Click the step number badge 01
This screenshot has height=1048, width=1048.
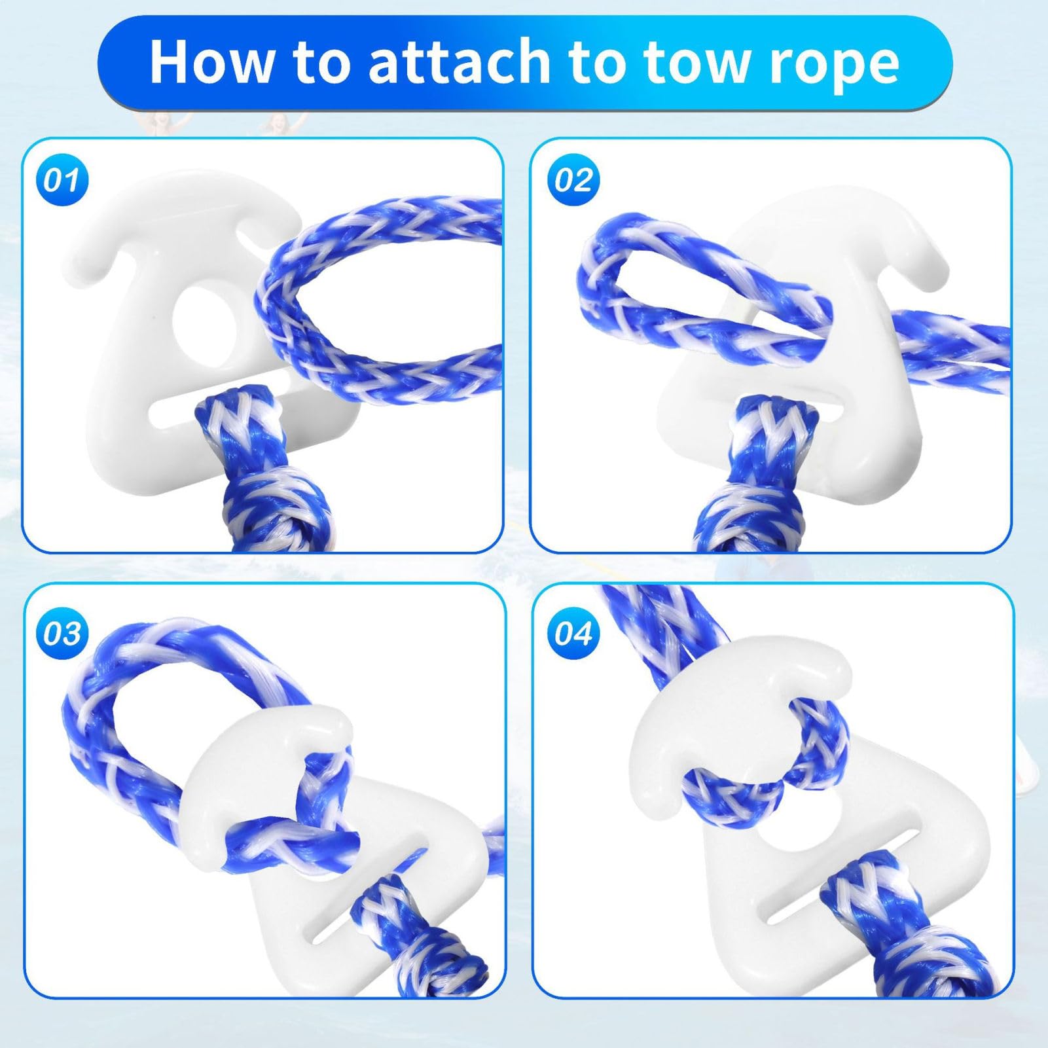point(62,180)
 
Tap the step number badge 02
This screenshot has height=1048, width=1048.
point(573,180)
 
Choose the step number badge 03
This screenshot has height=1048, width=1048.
point(62,634)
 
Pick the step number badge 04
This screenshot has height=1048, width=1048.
point(573,634)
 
